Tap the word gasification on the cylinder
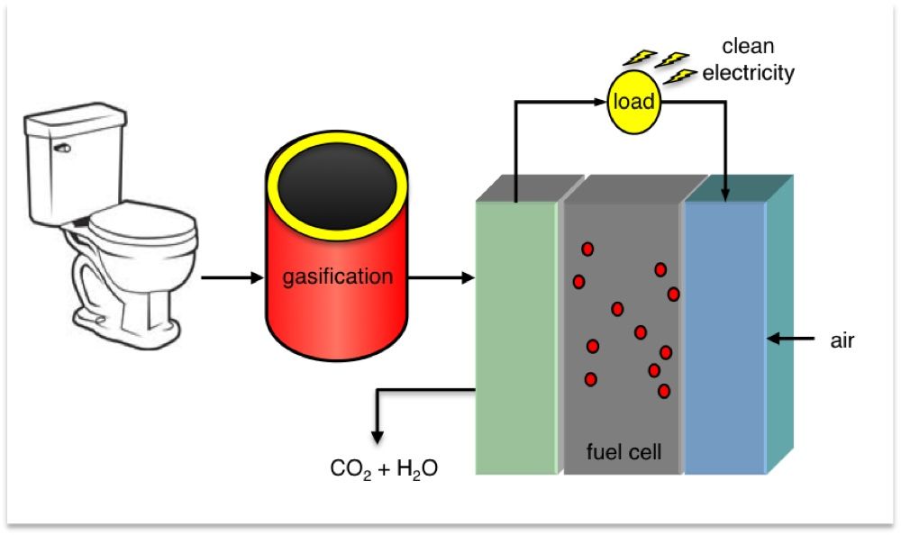(x=338, y=277)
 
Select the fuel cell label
(x=623, y=452)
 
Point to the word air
(x=842, y=340)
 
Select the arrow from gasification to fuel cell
(x=441, y=277)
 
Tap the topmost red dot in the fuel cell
(x=587, y=249)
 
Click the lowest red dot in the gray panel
(x=664, y=391)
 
